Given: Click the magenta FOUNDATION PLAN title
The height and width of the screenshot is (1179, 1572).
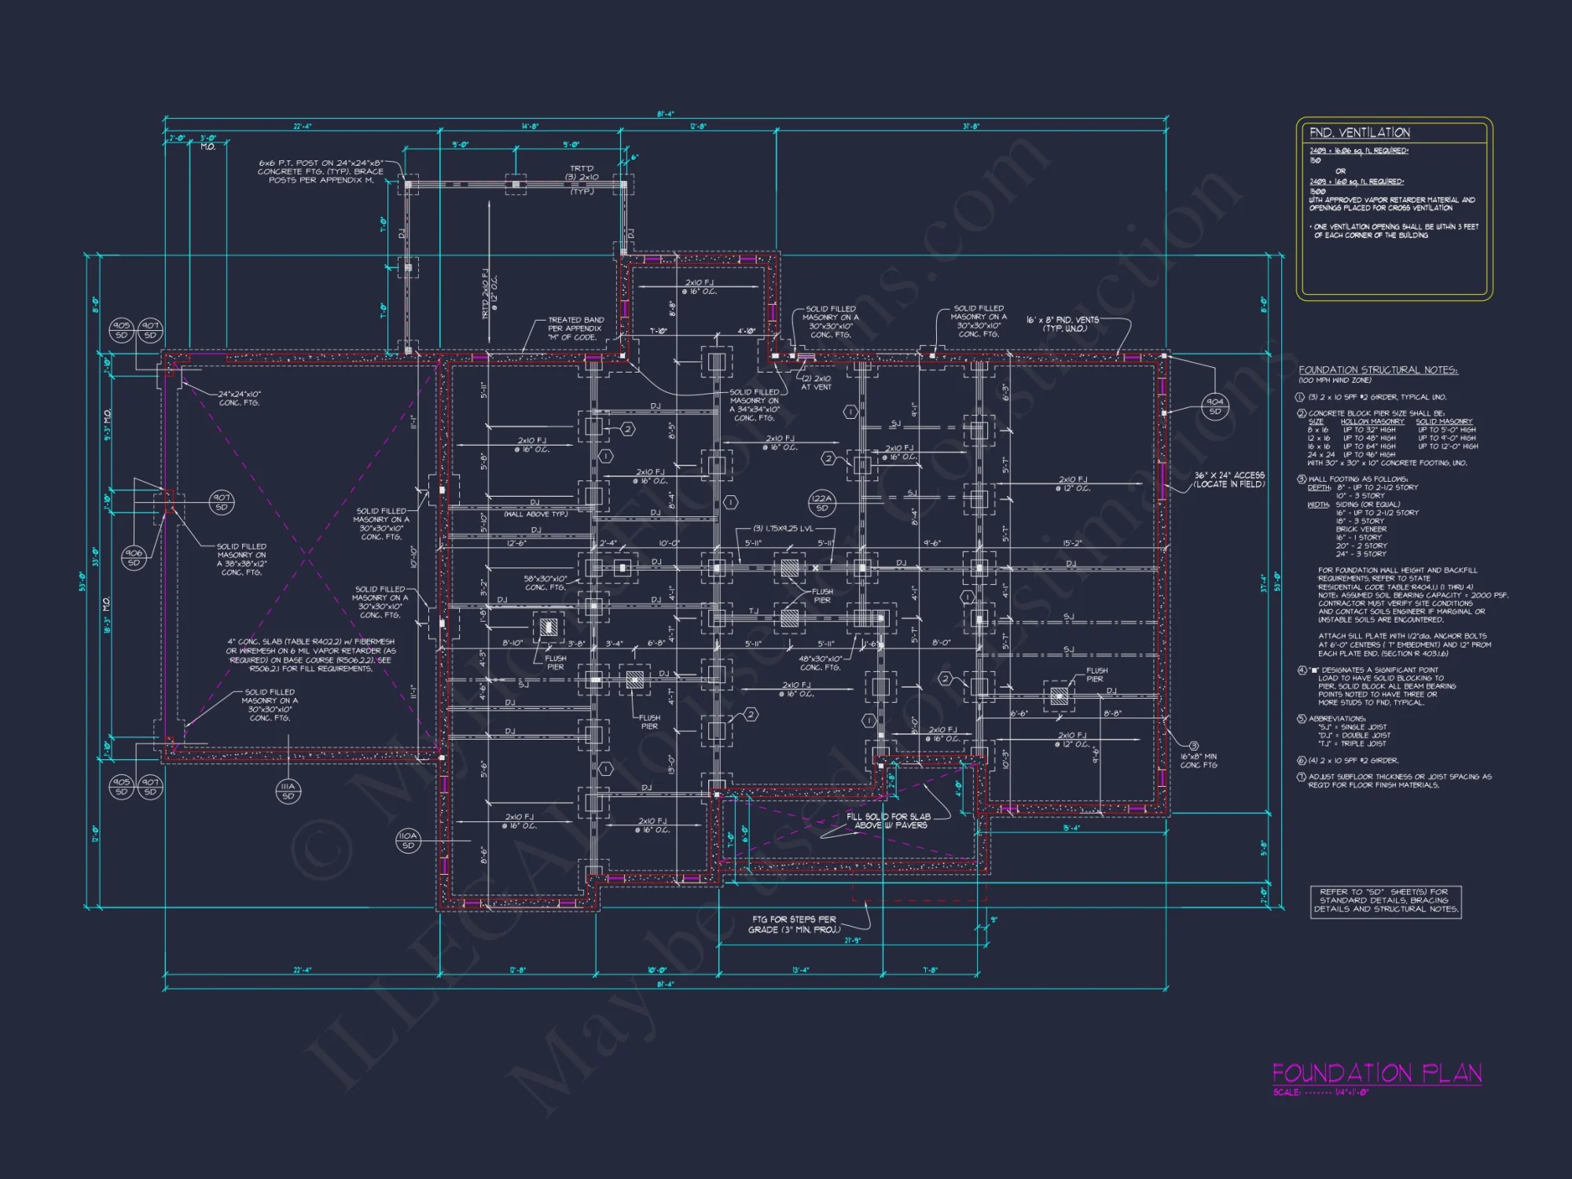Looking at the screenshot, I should click(x=1376, y=1074).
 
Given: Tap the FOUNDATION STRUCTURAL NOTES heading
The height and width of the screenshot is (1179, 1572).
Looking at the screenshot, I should click(x=1378, y=370).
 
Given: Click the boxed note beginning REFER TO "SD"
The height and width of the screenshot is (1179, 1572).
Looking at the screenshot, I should click(x=1385, y=901).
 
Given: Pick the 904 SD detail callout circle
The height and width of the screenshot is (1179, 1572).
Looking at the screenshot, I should click(x=1215, y=406).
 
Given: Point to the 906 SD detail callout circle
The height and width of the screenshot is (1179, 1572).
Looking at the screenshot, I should click(x=134, y=558).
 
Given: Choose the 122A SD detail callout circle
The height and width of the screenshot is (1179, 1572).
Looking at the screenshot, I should click(x=821, y=503).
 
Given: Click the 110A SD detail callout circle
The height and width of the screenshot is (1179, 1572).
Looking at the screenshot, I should click(x=408, y=840).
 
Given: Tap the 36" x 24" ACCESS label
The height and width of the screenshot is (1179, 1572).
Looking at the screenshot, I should click(x=1229, y=479).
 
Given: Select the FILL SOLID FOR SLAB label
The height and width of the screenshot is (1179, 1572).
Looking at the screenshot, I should click(x=889, y=821).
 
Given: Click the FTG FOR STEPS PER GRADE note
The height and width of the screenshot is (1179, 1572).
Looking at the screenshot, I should click(x=795, y=924).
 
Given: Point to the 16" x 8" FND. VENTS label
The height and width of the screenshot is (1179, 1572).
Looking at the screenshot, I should click(x=1062, y=324).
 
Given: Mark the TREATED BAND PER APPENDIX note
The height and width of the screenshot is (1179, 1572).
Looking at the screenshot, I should click(x=576, y=329).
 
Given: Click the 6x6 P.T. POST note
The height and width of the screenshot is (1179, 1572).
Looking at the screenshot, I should click(x=321, y=171).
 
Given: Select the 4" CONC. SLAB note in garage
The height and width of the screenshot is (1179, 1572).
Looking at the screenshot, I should click(x=311, y=655).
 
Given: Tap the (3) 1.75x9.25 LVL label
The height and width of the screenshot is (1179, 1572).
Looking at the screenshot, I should click(x=783, y=529).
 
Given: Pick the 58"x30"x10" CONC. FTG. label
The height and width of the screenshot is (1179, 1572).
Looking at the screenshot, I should click(x=545, y=583).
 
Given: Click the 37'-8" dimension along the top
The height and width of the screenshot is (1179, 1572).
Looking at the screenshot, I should click(x=971, y=127).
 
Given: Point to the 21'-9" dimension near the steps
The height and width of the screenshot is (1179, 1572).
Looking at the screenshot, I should click(x=852, y=940).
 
